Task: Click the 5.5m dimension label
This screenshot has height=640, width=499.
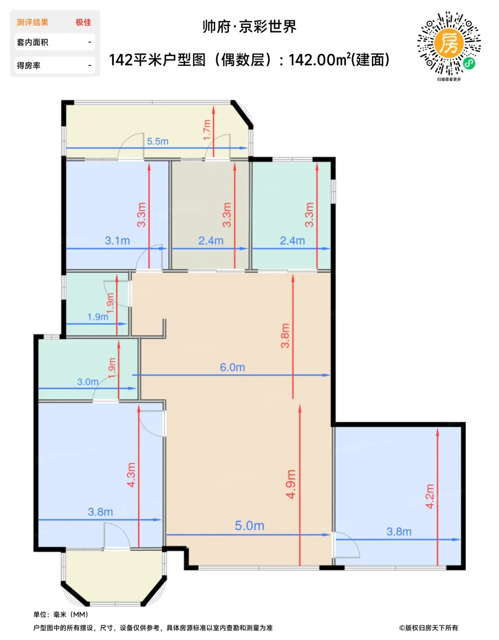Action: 158,141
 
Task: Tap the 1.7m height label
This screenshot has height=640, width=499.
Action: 207,130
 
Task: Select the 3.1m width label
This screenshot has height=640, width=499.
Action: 117,240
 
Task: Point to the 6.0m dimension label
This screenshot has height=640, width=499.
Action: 232,367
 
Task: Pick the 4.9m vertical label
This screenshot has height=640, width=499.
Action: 291,484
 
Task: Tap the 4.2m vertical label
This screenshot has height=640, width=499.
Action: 430,496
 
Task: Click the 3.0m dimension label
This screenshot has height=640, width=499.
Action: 87,382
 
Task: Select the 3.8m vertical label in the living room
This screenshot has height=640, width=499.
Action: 285,336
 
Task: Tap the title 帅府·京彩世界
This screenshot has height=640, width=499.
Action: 249,27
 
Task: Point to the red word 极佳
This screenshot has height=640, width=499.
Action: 83,22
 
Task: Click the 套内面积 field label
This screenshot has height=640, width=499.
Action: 32,43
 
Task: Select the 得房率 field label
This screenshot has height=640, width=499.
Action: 28,65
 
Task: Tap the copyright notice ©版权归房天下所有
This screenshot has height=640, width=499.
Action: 428,628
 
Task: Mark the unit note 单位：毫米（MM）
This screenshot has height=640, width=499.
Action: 61,614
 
